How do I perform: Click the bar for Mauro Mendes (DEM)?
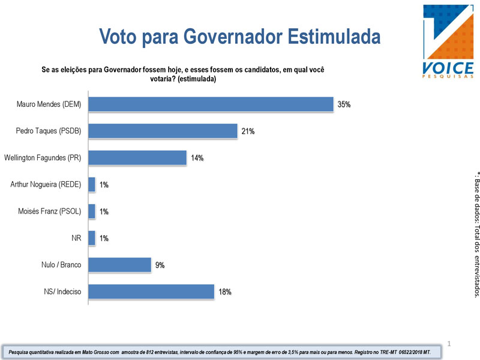[x=211, y=104]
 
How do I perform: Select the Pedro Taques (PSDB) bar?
[x=163, y=131]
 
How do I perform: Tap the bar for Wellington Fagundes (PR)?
[x=137, y=158]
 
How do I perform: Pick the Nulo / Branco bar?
[x=119, y=265]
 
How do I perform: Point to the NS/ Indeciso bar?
[x=151, y=292]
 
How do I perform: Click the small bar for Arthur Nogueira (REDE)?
[x=92, y=185]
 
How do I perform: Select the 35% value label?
[x=344, y=104]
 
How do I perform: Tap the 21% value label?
[x=248, y=131]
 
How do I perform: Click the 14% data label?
[x=197, y=158]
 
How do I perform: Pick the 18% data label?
[x=224, y=292]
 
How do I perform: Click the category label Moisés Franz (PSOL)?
[x=49, y=211]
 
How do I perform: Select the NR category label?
[x=76, y=238]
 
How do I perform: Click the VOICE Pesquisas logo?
[x=448, y=41]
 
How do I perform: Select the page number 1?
[x=449, y=344]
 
